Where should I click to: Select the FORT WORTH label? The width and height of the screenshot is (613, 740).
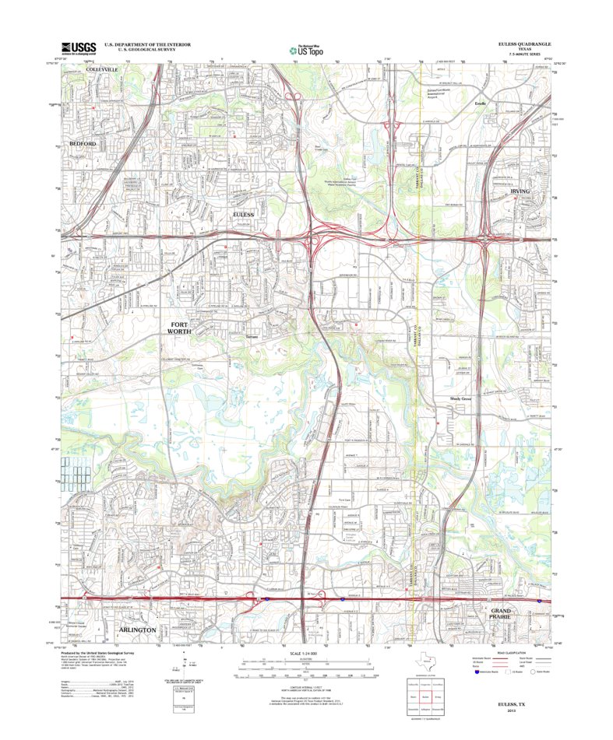pos(178,328)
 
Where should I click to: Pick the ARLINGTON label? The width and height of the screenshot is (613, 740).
pos(139,629)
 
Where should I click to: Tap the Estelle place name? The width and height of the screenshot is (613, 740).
pos(480,102)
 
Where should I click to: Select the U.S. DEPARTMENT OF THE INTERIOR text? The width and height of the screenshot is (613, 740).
pos(130,44)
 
